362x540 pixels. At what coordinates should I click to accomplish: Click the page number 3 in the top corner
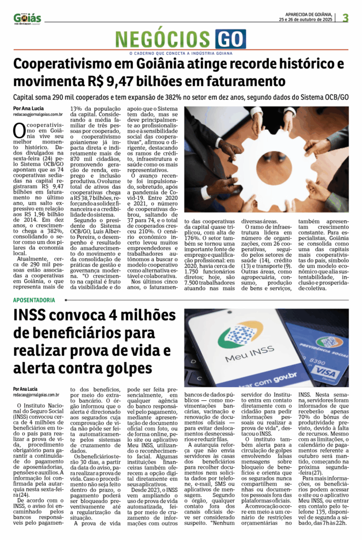click(346, 17)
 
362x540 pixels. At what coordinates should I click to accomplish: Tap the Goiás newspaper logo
click(27, 18)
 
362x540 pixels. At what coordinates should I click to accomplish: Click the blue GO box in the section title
click(230, 40)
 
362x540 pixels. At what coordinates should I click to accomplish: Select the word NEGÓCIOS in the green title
click(164, 40)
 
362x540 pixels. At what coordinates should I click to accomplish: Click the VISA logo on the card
click(326, 372)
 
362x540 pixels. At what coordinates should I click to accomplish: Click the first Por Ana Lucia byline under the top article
click(25, 108)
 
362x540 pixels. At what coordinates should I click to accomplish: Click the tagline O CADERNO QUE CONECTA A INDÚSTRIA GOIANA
click(180, 53)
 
